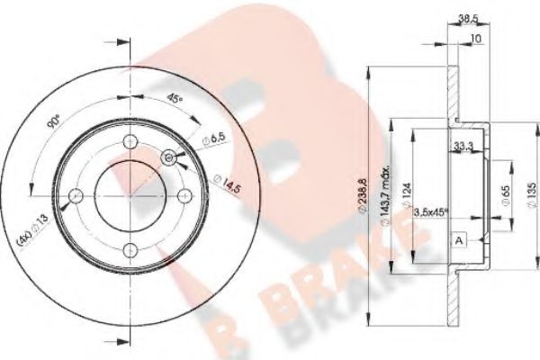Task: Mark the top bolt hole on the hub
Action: pyautogui.click(x=131, y=139)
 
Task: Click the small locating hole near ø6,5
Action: pyautogui.click(x=168, y=157)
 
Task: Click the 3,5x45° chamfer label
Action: pyautogui.click(x=431, y=212)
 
